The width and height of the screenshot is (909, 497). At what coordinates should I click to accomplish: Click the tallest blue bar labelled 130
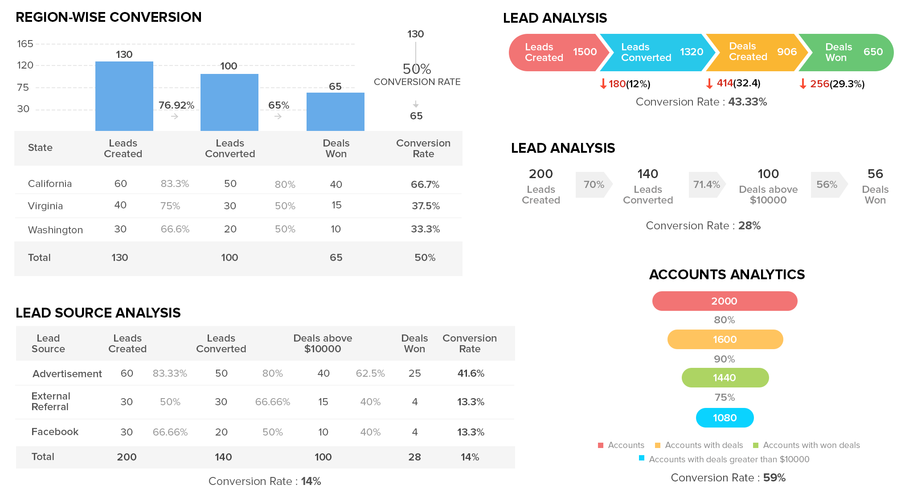(x=124, y=96)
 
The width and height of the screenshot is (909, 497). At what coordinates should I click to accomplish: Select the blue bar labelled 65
(x=335, y=111)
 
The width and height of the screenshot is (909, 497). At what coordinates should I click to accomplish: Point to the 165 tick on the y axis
(x=25, y=44)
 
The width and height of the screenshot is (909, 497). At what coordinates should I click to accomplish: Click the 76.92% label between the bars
(x=176, y=105)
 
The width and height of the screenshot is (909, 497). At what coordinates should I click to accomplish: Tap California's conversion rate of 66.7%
(x=425, y=184)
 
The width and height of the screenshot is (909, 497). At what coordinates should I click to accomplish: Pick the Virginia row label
(x=45, y=206)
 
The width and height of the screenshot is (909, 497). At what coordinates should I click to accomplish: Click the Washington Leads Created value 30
(x=120, y=229)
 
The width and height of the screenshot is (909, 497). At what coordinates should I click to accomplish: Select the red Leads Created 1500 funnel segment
(x=557, y=53)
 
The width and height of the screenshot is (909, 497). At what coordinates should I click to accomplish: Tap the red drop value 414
(x=725, y=83)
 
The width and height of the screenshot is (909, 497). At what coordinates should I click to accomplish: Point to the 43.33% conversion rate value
(x=747, y=102)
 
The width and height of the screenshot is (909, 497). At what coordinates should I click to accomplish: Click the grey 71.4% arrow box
(x=707, y=184)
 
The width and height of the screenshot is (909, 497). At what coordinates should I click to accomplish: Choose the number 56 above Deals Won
(x=875, y=174)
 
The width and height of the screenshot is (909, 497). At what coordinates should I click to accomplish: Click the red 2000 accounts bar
(x=725, y=301)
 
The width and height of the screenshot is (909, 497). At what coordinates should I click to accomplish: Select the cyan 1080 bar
(x=725, y=418)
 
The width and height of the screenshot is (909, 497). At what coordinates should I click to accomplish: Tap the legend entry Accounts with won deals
(x=811, y=445)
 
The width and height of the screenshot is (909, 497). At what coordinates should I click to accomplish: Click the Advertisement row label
(x=67, y=374)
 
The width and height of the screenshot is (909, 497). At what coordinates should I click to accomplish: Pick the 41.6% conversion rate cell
(x=471, y=373)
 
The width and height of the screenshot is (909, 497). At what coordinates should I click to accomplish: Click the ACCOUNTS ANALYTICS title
(x=727, y=274)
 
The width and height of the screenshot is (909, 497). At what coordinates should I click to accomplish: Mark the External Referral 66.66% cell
(x=272, y=402)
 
